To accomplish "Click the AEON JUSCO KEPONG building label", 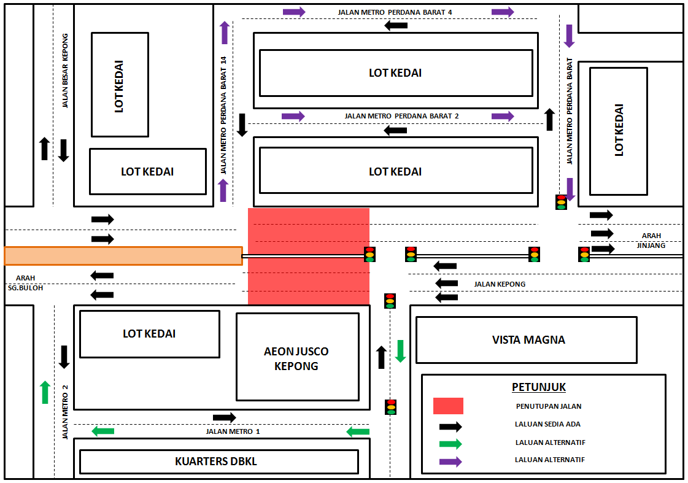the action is tap(296, 358).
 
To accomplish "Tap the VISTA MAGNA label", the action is tap(528, 340).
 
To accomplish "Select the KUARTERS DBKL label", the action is tap(216, 462).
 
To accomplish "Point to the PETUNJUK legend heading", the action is tap(539, 387).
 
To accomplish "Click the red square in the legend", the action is tap(448, 406).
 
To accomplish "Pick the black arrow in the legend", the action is tap(450, 427).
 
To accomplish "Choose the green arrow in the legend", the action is tap(450, 444).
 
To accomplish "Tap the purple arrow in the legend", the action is tap(450, 462).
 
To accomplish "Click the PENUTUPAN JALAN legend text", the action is tap(549, 406).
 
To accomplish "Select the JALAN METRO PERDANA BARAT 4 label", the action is tap(395, 12).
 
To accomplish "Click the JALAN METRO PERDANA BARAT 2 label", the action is tap(401, 116).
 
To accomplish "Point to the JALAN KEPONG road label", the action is tap(500, 284).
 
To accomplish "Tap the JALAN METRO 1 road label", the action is tap(233, 431).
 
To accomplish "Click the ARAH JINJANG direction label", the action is tap(651, 241).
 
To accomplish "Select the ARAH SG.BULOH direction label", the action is tap(25, 283).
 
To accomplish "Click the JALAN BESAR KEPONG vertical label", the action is tap(65, 71).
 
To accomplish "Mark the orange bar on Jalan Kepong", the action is tap(123, 256).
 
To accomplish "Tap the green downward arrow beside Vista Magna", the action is tap(400, 351).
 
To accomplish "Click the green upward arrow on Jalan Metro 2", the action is tap(45, 392).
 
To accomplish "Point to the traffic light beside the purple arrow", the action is tap(561, 203).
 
